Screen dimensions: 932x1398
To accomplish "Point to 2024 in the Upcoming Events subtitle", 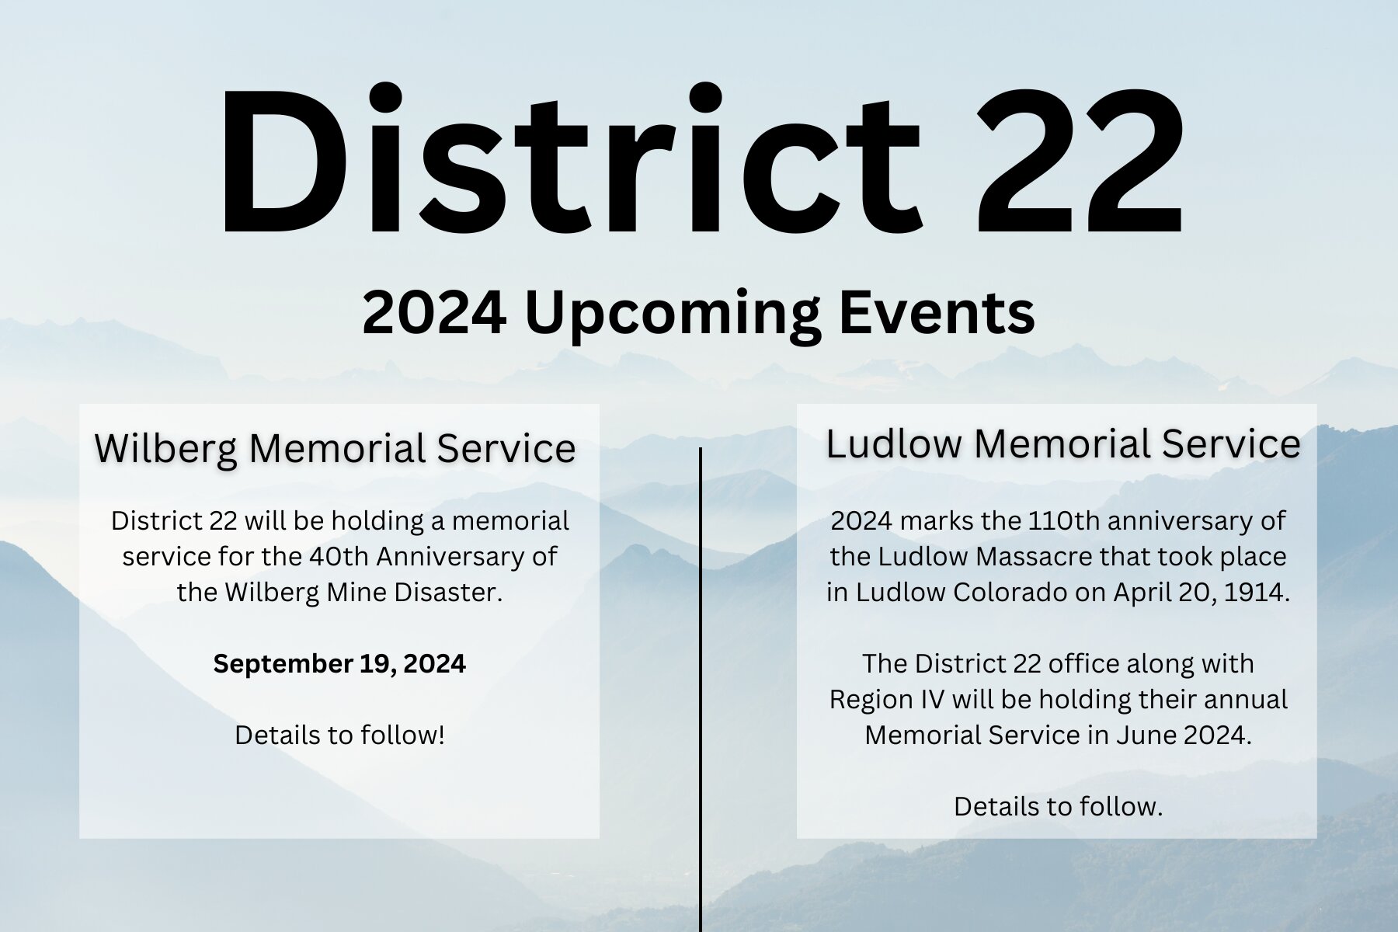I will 435,312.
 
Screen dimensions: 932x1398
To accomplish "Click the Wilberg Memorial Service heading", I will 335,448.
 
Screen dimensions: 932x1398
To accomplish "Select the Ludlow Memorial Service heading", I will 1063,443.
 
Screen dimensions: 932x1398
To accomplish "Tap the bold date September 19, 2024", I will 339,664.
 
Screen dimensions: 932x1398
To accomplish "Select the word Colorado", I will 1010,593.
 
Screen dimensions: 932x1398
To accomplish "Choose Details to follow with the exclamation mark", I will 339,735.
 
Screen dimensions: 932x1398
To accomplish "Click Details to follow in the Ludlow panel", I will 1058,807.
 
